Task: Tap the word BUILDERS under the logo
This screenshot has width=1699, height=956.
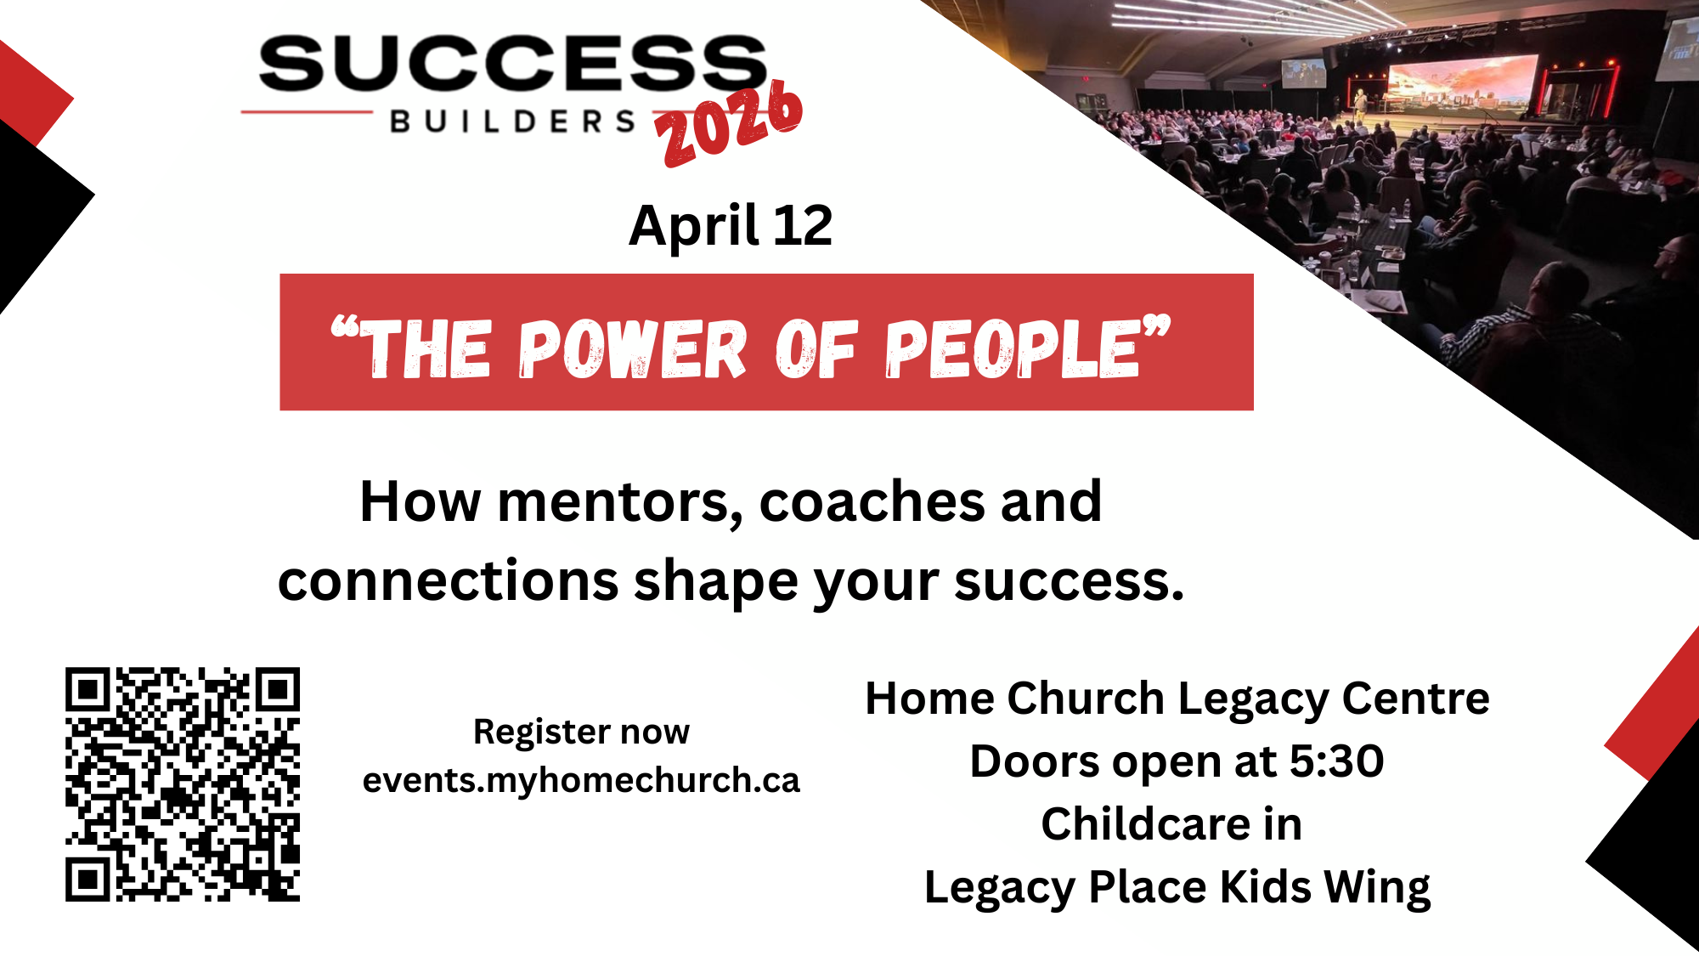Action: (513, 122)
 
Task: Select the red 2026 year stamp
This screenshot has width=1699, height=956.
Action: (729, 123)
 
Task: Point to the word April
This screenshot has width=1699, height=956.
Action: (694, 228)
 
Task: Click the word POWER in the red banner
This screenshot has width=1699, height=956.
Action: (632, 349)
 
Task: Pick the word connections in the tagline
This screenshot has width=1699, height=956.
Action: (449, 581)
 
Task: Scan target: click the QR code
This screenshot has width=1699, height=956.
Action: (183, 784)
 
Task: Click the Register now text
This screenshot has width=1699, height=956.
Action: (581, 732)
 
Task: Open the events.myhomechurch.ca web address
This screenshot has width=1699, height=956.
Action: (581, 780)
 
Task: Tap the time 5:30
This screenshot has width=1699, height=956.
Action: (1337, 761)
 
